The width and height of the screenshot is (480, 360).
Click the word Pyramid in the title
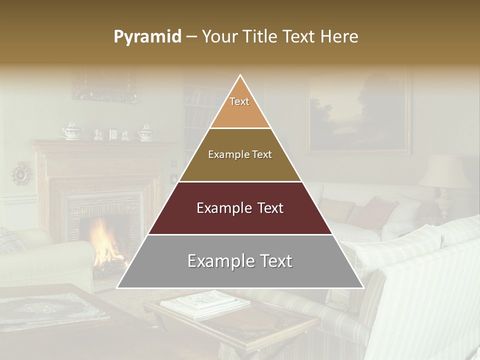click(x=147, y=37)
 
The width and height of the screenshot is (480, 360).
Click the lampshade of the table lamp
click(x=445, y=170)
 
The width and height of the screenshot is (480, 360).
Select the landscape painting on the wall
click(x=359, y=116)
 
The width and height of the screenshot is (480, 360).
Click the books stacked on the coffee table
click(x=200, y=302)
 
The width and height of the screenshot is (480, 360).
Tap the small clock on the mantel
click(x=112, y=134)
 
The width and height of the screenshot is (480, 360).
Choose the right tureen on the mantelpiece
click(x=145, y=132)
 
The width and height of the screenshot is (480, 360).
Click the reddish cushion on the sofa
click(x=372, y=213)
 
